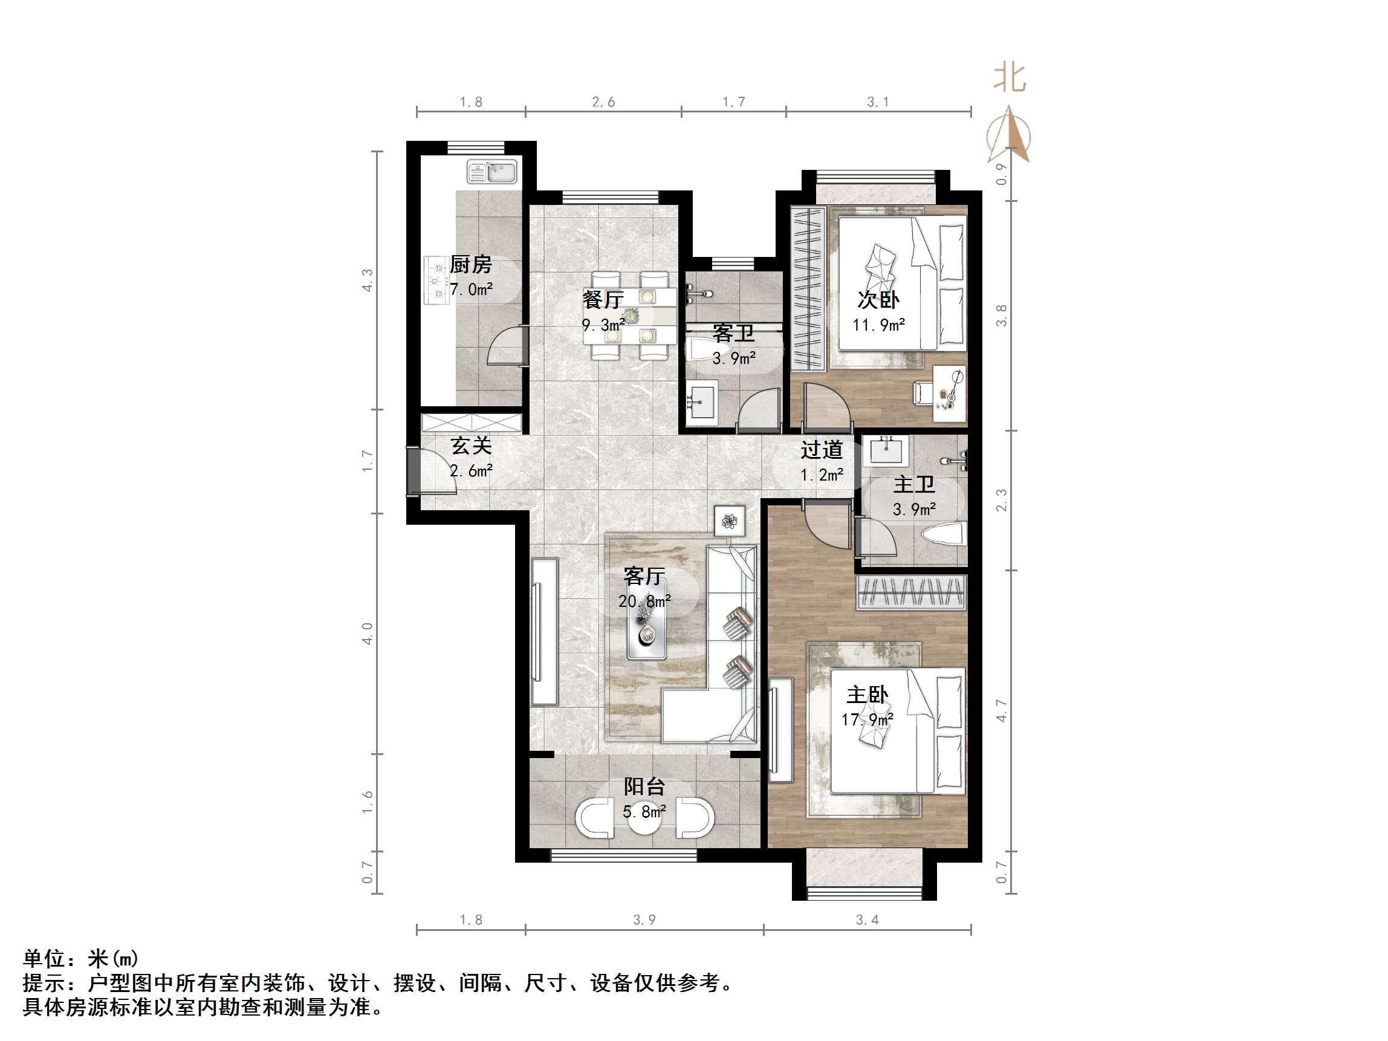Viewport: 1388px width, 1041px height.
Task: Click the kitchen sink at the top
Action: point(492,171)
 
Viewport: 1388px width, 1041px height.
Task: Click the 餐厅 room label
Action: point(602,300)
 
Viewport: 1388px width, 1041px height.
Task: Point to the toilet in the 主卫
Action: point(941,535)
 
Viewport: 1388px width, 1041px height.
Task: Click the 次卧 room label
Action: point(878,300)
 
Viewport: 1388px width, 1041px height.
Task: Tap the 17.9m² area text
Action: point(866,719)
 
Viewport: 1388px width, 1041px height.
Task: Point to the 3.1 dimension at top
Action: point(878,102)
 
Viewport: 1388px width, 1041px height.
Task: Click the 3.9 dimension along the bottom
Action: point(644,920)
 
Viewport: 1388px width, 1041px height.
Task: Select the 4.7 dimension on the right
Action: point(1002,710)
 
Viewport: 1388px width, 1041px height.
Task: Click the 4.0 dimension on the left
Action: point(368,633)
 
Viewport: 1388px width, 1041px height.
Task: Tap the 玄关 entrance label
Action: point(470,446)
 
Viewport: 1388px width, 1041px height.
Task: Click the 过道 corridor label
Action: point(822,450)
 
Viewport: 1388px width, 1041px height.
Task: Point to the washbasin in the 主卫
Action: point(885,450)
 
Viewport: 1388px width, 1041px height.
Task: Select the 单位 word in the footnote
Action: point(44,959)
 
